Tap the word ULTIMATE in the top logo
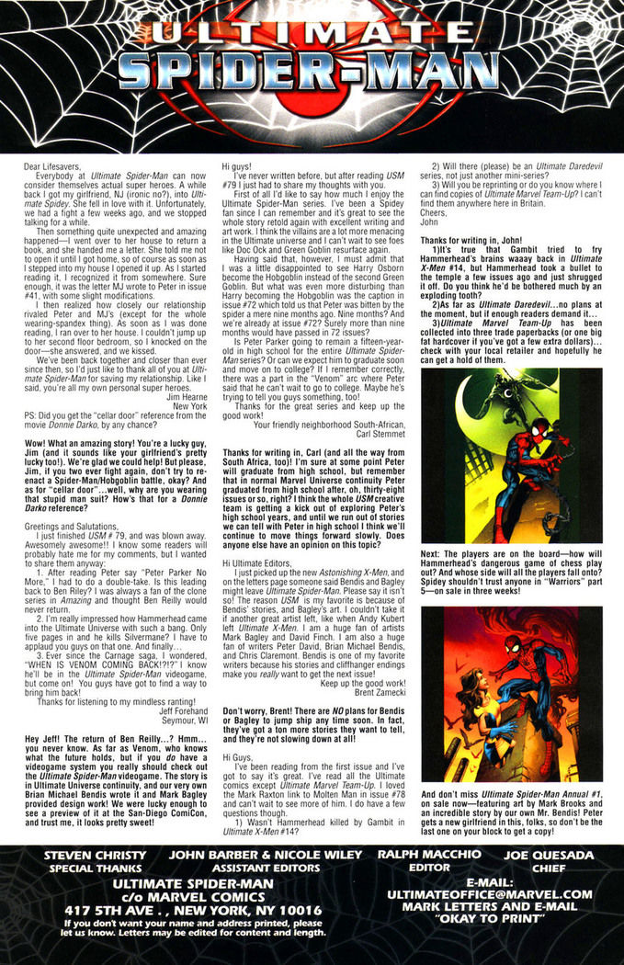click(x=311, y=33)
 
